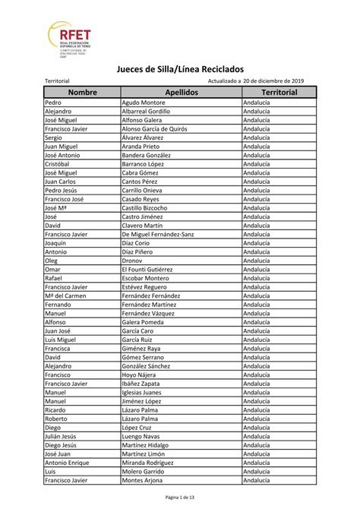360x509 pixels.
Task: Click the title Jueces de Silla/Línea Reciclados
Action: point(179,69)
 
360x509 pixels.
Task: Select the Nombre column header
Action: point(82,91)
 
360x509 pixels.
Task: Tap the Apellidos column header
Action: point(180,91)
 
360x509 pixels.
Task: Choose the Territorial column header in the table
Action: point(279,91)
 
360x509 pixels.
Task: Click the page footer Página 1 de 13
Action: point(180,497)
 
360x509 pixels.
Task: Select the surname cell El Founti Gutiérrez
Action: point(152,269)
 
